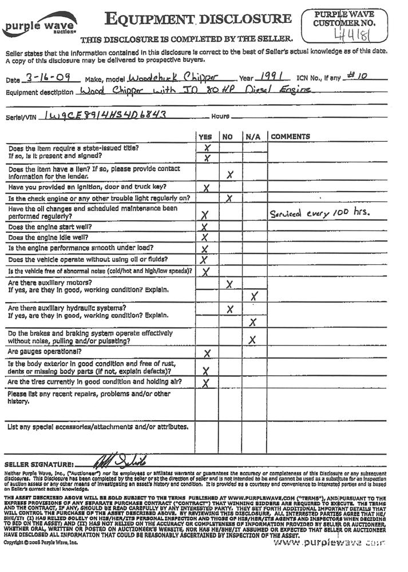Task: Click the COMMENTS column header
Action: (x=290, y=137)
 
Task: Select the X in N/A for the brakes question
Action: (x=252, y=340)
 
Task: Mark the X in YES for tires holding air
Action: (x=206, y=383)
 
